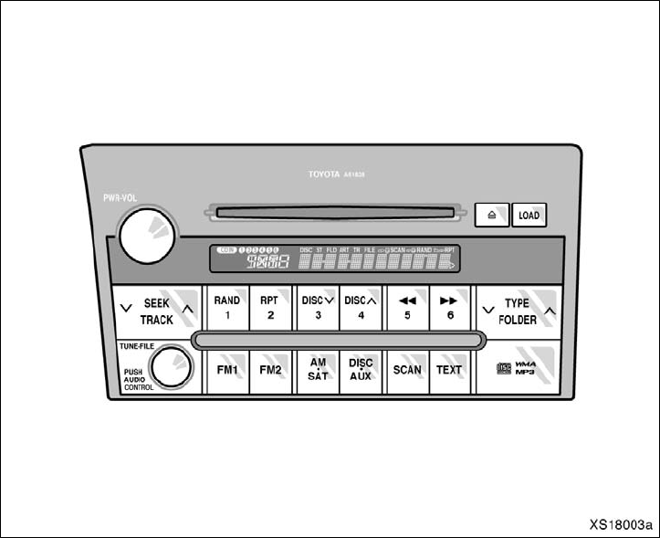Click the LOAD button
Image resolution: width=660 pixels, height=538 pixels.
point(529,216)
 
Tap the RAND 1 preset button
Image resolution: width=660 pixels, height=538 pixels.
point(226,308)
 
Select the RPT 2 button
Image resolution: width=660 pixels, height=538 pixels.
point(270,308)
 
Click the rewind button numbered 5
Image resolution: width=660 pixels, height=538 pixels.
point(406,308)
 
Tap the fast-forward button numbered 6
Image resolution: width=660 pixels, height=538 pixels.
point(449,308)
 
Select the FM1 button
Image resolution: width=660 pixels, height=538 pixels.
point(226,370)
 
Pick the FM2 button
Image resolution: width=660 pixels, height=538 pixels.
point(270,370)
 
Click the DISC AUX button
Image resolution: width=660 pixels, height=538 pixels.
point(361,370)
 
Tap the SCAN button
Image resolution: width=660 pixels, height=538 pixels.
point(406,370)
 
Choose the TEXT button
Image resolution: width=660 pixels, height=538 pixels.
point(449,370)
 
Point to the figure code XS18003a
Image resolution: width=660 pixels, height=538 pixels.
point(621,524)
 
